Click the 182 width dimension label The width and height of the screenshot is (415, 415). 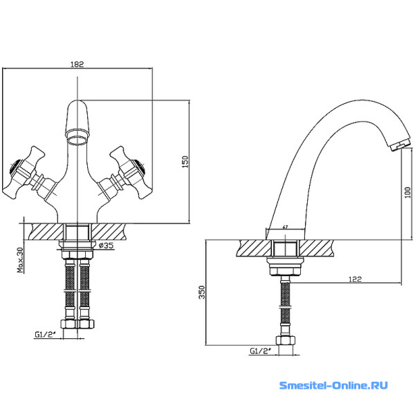coord(77,64)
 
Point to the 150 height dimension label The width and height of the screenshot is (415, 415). coord(185,161)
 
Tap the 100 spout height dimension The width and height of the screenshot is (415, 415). coord(408,192)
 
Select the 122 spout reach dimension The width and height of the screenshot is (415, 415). coord(355,279)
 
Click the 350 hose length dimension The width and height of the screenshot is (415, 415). coord(202,292)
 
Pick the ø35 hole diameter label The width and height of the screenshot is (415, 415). coord(106,246)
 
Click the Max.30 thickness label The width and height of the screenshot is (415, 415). coord(20,260)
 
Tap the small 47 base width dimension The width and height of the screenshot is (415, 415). coord(285,227)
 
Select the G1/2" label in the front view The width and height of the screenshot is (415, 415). coord(45,335)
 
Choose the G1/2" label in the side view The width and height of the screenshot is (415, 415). coord(261,351)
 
